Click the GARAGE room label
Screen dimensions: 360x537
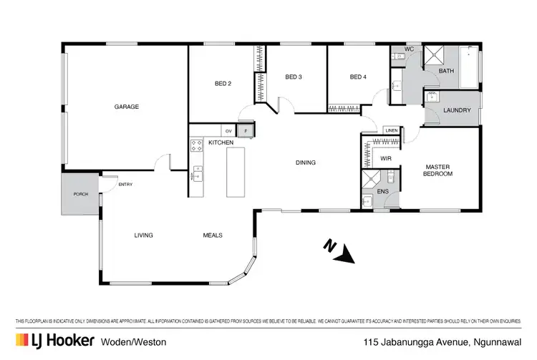127,107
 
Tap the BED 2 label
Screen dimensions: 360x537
223,84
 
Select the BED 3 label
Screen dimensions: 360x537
293,77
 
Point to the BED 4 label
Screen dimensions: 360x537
358,77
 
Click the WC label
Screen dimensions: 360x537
410,49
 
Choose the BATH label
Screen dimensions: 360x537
446,71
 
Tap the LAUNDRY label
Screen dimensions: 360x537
457,110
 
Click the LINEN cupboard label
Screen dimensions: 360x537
390,130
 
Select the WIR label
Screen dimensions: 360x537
385,158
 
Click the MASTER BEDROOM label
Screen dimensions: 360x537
437,170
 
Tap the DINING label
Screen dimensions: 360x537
306,162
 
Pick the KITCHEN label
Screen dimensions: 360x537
221,144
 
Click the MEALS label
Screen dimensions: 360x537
213,235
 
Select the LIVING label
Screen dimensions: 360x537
143,235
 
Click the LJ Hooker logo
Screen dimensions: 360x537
54,340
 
